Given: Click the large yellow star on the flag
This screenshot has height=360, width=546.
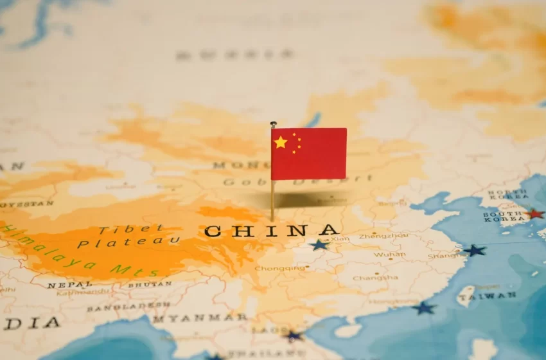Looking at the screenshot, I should click(x=280, y=142).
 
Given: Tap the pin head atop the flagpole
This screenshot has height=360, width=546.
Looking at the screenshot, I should click(x=273, y=124).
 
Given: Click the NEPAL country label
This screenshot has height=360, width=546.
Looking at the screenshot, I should click(x=69, y=284).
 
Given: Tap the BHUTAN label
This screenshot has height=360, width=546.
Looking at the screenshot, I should click(x=149, y=283).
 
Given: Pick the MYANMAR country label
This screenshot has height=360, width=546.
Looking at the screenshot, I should click(x=199, y=318).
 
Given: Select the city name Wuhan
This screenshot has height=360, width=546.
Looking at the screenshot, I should click(x=389, y=255).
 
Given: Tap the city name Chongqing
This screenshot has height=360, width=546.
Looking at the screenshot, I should click(x=279, y=268).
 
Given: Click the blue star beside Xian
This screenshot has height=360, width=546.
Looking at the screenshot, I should click(x=318, y=245).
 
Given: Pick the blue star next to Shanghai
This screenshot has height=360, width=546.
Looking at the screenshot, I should click(x=474, y=250).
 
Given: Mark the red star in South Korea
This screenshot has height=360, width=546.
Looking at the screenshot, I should click(x=533, y=213).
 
